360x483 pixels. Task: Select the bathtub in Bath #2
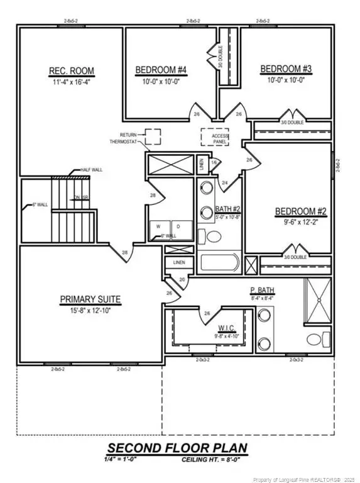pyautogui.click(x=219, y=263)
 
